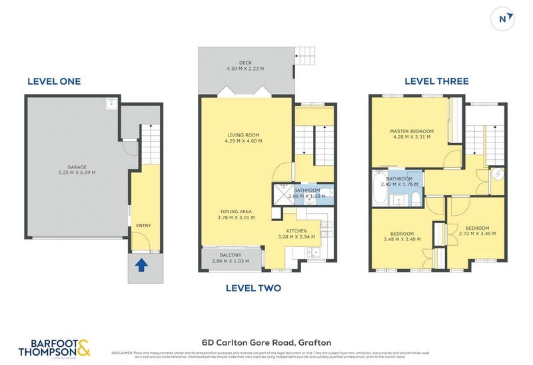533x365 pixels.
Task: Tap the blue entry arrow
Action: [x=141, y=266]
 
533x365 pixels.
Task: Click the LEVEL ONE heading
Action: [x=53, y=81]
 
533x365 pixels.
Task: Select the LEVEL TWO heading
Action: [x=253, y=288]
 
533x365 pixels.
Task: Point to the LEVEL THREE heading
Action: [x=436, y=81]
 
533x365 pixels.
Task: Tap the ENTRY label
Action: [x=143, y=225]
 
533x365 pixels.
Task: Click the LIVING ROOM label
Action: [x=243, y=135]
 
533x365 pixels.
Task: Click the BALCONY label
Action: [x=230, y=254]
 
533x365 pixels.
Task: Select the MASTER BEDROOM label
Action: [x=412, y=131]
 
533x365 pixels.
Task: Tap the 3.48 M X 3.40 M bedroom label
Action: [x=402, y=239]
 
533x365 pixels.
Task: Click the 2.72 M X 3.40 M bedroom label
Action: [x=477, y=233]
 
